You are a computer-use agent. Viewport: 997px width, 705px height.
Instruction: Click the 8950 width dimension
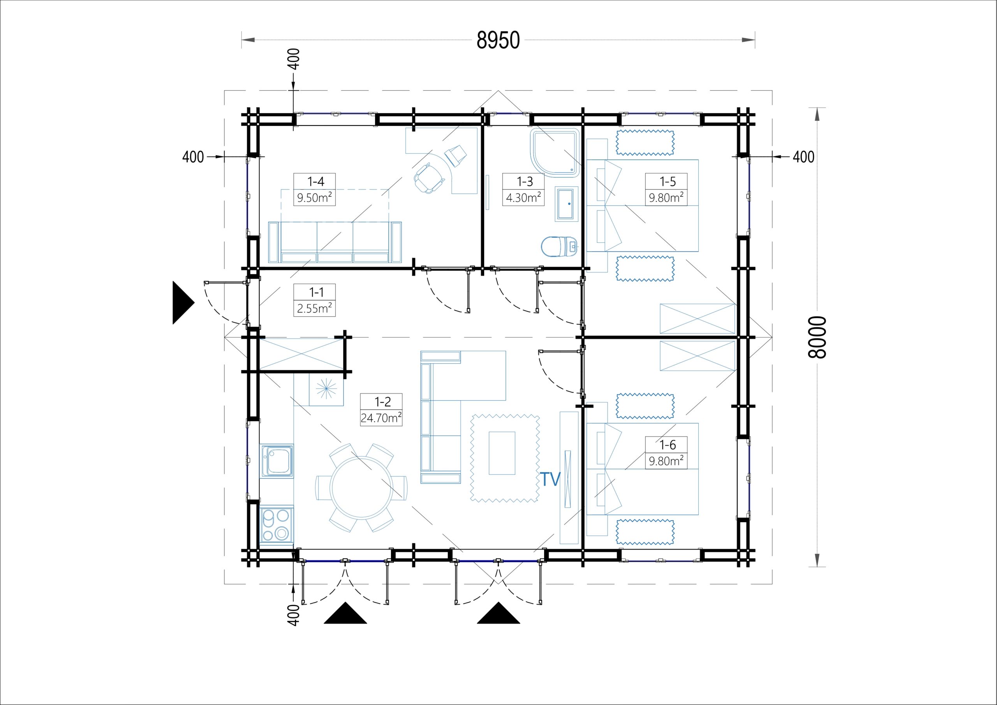tap(498, 41)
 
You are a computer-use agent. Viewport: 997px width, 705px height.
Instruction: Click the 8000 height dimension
tap(817, 337)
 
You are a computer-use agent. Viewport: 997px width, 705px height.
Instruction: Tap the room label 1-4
tap(316, 181)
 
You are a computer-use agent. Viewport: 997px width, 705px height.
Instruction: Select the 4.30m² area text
tap(523, 197)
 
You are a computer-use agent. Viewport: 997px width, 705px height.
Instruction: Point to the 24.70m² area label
tap(381, 417)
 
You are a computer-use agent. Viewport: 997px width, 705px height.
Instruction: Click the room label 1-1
tap(316, 292)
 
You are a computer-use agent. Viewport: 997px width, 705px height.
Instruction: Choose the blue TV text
tap(550, 479)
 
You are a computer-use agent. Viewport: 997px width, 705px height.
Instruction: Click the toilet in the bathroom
tap(559, 247)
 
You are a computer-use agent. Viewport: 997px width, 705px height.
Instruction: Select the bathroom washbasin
tap(567, 204)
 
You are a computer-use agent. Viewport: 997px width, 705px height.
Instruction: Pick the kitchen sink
tap(277, 461)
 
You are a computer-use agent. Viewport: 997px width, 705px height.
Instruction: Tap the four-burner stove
tap(277, 525)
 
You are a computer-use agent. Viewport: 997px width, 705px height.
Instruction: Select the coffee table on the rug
tap(502, 453)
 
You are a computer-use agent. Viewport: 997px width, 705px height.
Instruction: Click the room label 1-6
tap(668, 445)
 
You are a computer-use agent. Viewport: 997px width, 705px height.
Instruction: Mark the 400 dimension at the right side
tap(803, 157)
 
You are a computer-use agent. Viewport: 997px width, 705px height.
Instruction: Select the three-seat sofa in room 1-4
tap(335, 242)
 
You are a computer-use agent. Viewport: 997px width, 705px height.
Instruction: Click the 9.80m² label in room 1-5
tap(666, 198)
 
